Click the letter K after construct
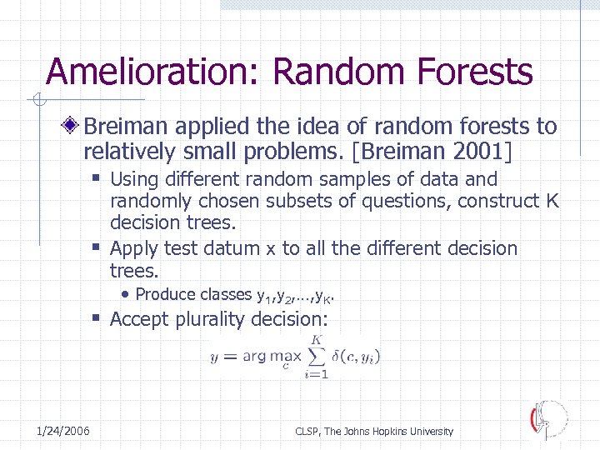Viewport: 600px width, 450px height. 552,201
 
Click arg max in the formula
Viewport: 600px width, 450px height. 267,357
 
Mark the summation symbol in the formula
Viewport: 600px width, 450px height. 317,356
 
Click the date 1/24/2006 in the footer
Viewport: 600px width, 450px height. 63,430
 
